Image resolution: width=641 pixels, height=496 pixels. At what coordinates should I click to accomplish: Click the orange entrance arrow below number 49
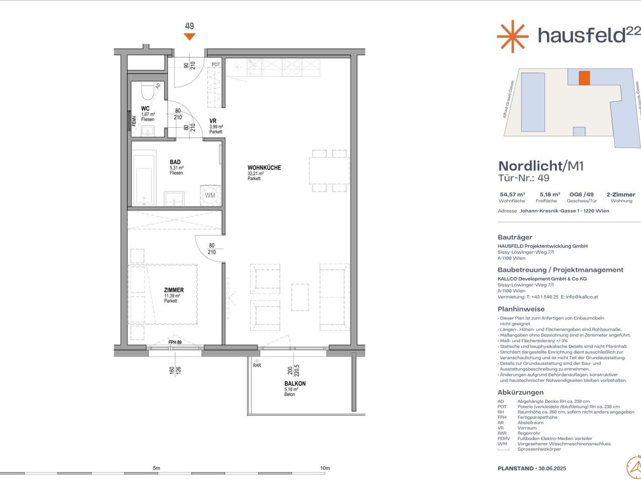click(x=189, y=37)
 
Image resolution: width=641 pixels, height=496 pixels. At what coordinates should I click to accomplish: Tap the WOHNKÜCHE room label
click(x=264, y=168)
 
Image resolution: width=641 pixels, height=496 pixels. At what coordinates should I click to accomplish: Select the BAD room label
click(x=175, y=162)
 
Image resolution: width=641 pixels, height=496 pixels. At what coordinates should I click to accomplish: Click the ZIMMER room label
click(x=174, y=290)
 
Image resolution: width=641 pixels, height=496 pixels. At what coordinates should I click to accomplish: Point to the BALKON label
click(x=295, y=384)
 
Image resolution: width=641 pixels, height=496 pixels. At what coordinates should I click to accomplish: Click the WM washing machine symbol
click(x=210, y=196)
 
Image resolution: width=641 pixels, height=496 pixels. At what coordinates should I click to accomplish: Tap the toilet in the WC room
click(x=147, y=92)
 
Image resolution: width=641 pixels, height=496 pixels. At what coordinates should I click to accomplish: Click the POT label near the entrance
click(x=216, y=65)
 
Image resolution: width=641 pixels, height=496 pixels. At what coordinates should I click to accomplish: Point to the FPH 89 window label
click(x=175, y=343)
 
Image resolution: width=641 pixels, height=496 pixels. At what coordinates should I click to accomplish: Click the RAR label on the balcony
click(x=257, y=365)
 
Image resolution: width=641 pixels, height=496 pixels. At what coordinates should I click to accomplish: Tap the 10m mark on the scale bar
click(x=325, y=468)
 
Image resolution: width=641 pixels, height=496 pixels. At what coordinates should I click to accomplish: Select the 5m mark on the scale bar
click(x=156, y=468)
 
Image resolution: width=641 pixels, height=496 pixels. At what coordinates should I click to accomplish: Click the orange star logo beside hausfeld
click(x=512, y=36)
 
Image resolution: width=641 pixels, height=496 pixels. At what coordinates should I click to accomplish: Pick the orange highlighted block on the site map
click(x=584, y=78)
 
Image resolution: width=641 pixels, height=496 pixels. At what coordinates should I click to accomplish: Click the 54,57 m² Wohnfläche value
click(x=512, y=195)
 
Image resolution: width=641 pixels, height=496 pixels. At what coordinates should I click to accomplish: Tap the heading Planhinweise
click(x=521, y=309)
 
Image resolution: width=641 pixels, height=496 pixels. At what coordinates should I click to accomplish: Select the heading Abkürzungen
click(x=520, y=392)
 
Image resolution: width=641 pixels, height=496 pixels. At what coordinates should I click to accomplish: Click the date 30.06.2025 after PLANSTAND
click(x=552, y=468)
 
